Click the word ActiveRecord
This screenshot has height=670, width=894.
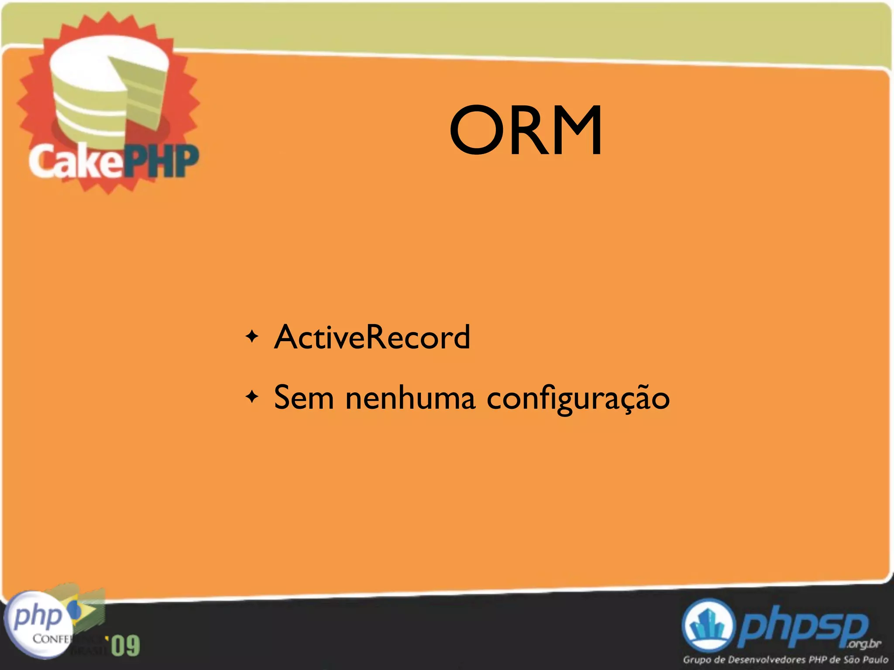(372, 337)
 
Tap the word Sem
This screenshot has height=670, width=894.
(303, 397)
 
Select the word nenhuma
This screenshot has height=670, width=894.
(410, 397)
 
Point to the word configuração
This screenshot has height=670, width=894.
(578, 398)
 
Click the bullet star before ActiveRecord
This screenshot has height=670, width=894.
(252, 337)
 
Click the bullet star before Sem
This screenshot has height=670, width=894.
(252, 397)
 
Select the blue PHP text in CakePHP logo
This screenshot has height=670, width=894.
(162, 161)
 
